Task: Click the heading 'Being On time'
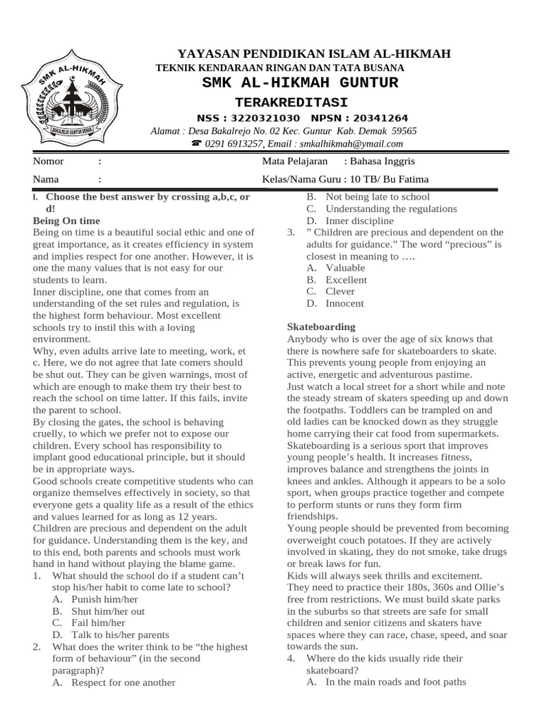click(x=67, y=221)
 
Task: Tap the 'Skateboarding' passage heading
click(x=321, y=327)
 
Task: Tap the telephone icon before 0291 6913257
click(x=195, y=144)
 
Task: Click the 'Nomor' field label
click(x=49, y=161)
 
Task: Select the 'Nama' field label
click(x=46, y=179)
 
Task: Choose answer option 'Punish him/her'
click(x=105, y=599)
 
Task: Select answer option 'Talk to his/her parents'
click(x=120, y=635)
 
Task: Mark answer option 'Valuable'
click(x=345, y=268)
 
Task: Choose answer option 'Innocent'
click(x=344, y=303)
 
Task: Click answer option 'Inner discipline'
click(x=359, y=221)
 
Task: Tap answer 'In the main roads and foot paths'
click(x=395, y=682)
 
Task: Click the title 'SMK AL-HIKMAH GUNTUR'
click(x=300, y=83)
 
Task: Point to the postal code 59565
click(x=404, y=131)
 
